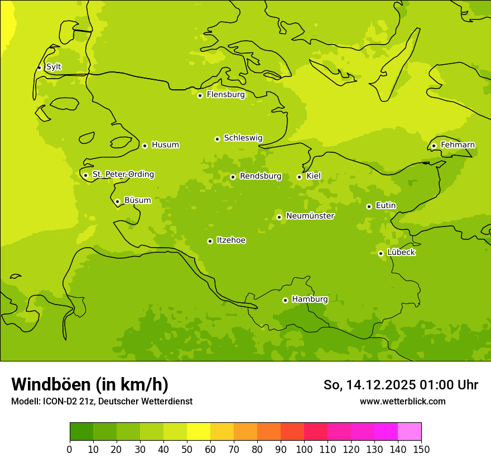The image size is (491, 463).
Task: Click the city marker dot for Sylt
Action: click(x=39, y=67)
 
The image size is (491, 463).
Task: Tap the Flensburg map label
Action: click(x=225, y=95)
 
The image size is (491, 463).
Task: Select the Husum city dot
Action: click(x=145, y=146)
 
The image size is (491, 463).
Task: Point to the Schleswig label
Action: click(x=243, y=138)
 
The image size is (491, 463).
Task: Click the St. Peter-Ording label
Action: click(x=123, y=175)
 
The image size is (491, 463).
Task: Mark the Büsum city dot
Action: click(x=117, y=201)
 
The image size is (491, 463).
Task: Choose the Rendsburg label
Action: click(x=260, y=176)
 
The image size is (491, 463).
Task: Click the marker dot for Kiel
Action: click(x=299, y=177)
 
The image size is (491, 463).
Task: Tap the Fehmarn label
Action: click(x=458, y=145)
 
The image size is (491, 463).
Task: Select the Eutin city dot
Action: click(x=369, y=206)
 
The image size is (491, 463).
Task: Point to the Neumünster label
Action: click(x=310, y=216)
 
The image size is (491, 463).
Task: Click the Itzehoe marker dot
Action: click(x=210, y=241)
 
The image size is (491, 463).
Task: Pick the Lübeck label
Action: click(x=401, y=253)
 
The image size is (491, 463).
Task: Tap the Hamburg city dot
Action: click(x=285, y=300)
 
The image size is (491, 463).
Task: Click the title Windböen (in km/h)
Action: click(x=89, y=384)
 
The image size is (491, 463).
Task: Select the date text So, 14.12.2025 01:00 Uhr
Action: click(x=401, y=385)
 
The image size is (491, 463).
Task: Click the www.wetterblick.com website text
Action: click(x=402, y=402)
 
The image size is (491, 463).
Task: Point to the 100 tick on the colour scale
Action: click(x=304, y=449)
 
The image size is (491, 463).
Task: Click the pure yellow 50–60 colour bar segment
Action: click(x=199, y=432)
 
